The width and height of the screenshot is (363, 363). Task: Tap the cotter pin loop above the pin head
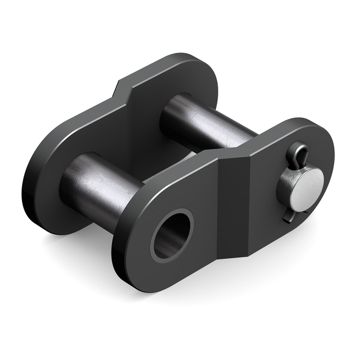[x=295, y=154]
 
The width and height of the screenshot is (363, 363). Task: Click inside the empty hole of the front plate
[x=172, y=236]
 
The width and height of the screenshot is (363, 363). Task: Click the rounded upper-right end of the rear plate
[x=200, y=73]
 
